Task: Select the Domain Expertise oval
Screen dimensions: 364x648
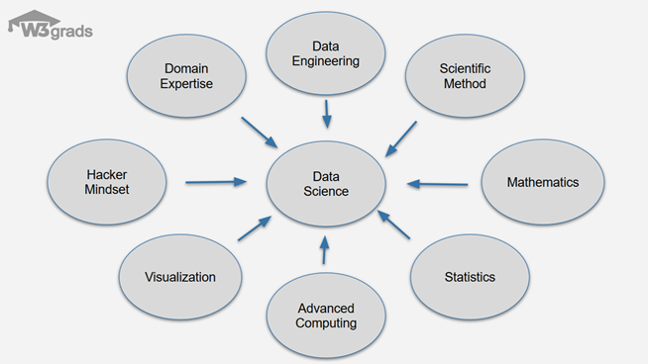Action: [x=187, y=76]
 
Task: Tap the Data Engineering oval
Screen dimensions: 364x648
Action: [x=325, y=53]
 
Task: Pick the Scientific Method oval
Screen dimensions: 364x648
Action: [x=464, y=76]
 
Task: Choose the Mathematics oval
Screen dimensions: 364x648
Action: [x=542, y=183]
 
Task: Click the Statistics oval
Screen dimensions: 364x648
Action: [x=470, y=277]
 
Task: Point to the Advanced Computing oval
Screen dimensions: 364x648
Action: [x=326, y=316]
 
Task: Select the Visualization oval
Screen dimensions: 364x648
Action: [x=179, y=277]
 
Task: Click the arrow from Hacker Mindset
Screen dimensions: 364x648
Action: [x=216, y=182]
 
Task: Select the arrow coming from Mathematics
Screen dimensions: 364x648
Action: [x=437, y=183]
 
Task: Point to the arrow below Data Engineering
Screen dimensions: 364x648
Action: [x=326, y=115]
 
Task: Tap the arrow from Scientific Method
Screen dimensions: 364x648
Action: [x=400, y=138]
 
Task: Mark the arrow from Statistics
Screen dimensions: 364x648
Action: [x=393, y=224]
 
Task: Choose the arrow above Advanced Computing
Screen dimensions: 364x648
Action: [x=324, y=249]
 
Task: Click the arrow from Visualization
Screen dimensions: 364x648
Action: [x=253, y=228]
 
